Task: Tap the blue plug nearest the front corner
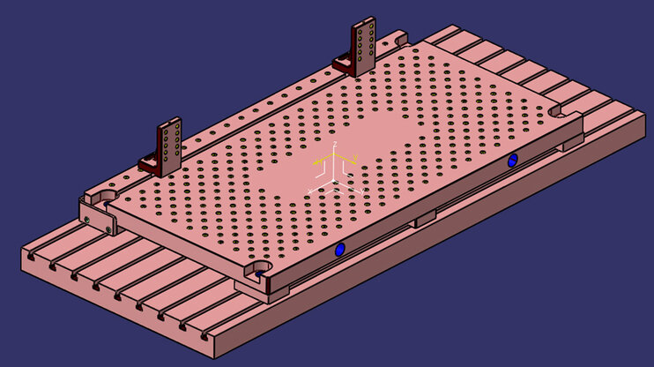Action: tap(340, 250)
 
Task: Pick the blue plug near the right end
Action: tap(512, 161)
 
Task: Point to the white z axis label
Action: tap(335, 143)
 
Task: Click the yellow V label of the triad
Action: tap(353, 158)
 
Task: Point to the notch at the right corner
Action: tap(554, 113)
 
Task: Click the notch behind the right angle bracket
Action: tap(398, 38)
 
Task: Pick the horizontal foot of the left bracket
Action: tap(150, 164)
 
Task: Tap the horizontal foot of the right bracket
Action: tap(344, 64)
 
